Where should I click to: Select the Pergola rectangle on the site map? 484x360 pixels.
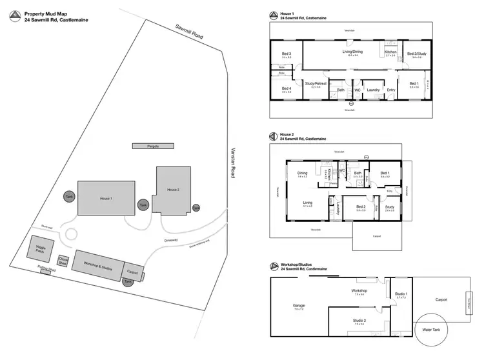tap(154, 146)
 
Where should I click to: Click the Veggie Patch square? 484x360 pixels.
tap(39, 248)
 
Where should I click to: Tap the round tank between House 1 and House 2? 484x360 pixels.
tap(143, 205)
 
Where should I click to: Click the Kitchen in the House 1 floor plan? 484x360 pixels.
tap(391, 54)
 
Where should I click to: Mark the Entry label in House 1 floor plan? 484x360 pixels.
tap(390, 90)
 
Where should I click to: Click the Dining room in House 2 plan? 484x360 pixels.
tap(302, 174)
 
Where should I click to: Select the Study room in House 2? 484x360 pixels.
tap(389, 208)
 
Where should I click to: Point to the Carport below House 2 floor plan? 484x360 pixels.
tap(376, 237)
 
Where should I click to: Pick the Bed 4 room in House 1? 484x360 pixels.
tap(287, 90)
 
